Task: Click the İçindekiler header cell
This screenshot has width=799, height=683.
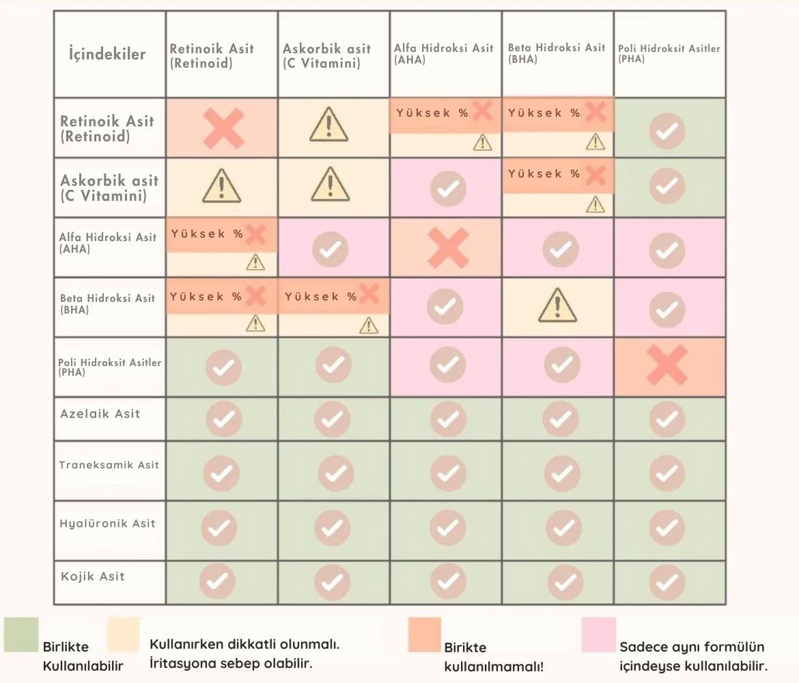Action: tap(107, 54)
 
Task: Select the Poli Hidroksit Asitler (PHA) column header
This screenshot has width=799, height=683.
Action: tap(669, 53)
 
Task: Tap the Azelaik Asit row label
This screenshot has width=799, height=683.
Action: tap(100, 413)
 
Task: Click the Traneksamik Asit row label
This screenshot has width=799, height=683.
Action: tap(109, 465)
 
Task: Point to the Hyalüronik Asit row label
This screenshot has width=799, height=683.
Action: tap(107, 524)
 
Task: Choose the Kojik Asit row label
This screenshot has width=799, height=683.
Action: tap(93, 576)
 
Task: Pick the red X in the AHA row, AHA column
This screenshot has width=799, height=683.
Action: tap(447, 247)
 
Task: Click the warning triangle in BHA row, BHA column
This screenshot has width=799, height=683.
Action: tap(557, 305)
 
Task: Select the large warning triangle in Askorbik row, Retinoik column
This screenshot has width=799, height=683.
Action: tap(221, 186)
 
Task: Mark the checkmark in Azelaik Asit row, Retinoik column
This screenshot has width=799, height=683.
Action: tap(223, 418)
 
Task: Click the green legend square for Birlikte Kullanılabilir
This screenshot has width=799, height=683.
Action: tap(21, 635)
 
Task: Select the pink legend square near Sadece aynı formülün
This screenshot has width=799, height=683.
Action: tap(599, 635)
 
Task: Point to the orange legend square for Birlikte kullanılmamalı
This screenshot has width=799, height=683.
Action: tap(424, 635)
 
